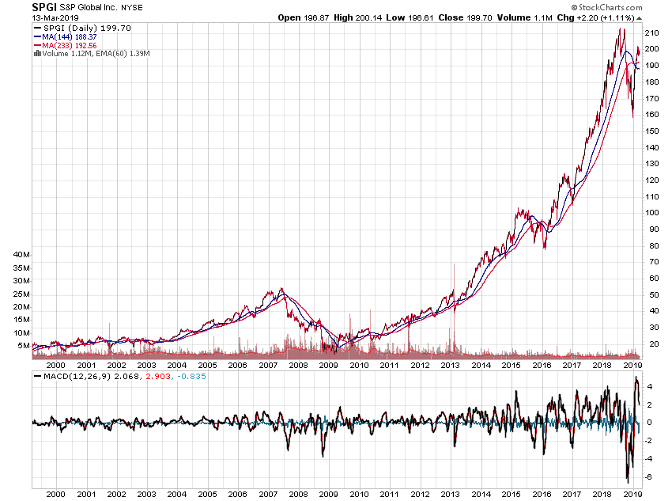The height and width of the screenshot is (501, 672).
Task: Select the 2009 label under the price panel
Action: click(328, 366)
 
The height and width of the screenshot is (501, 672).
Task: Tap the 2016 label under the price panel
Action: click(542, 366)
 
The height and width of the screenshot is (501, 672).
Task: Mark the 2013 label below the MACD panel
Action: click(450, 494)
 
